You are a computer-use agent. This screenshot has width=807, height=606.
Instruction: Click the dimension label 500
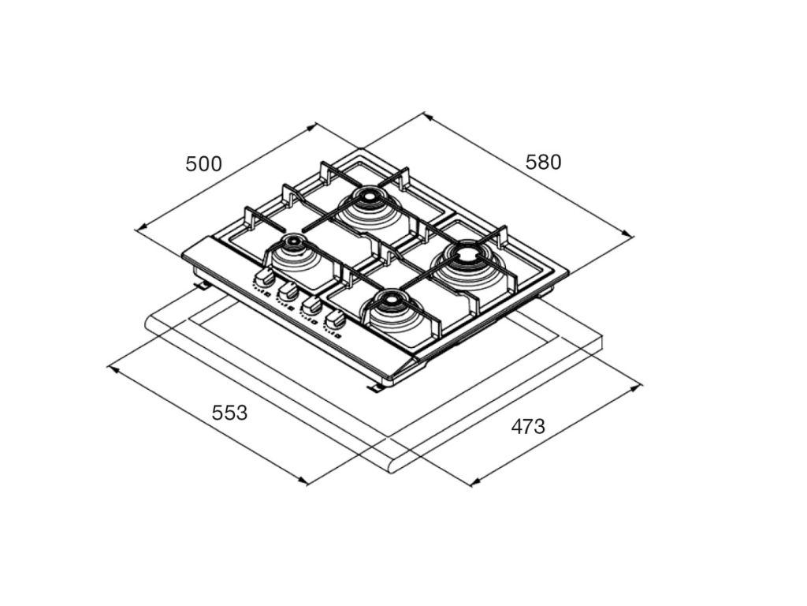(204, 164)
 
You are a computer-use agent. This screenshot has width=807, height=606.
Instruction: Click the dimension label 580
(543, 163)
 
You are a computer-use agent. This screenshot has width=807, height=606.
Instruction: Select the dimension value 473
(528, 427)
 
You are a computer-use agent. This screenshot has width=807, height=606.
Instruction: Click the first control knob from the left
(263, 279)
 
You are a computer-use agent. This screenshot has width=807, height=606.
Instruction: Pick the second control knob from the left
(287, 292)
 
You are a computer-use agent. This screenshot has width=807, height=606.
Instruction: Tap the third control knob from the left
(311, 305)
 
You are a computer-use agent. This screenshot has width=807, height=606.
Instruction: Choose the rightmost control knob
(334, 320)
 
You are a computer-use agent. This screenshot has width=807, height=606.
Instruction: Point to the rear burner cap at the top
(369, 196)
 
